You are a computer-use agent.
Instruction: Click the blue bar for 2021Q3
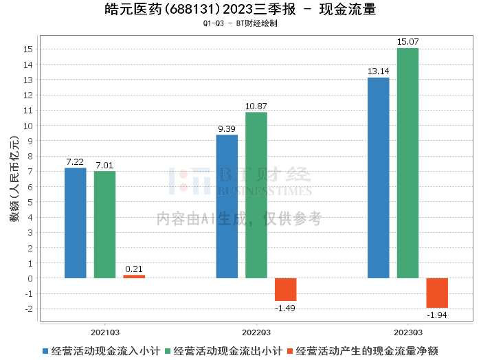click(76, 223)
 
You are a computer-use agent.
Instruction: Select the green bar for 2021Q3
click(105, 225)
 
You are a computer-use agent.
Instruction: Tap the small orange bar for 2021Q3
click(134, 276)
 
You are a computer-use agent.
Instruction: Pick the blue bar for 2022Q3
click(227, 206)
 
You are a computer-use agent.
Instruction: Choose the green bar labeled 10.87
click(256, 195)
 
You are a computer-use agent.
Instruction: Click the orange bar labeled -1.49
click(286, 289)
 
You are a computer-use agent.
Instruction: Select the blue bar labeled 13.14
click(379, 178)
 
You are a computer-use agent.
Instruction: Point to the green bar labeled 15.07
click(407, 163)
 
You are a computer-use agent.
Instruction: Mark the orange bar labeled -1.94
click(437, 293)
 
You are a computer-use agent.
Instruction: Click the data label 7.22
click(76, 162)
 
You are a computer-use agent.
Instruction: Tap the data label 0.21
click(134, 269)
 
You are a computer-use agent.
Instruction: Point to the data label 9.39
click(227, 129)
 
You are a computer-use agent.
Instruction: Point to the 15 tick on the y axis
click(28, 49)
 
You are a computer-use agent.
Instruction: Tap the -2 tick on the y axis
click(28, 309)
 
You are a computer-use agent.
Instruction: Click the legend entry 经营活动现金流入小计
click(102, 350)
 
